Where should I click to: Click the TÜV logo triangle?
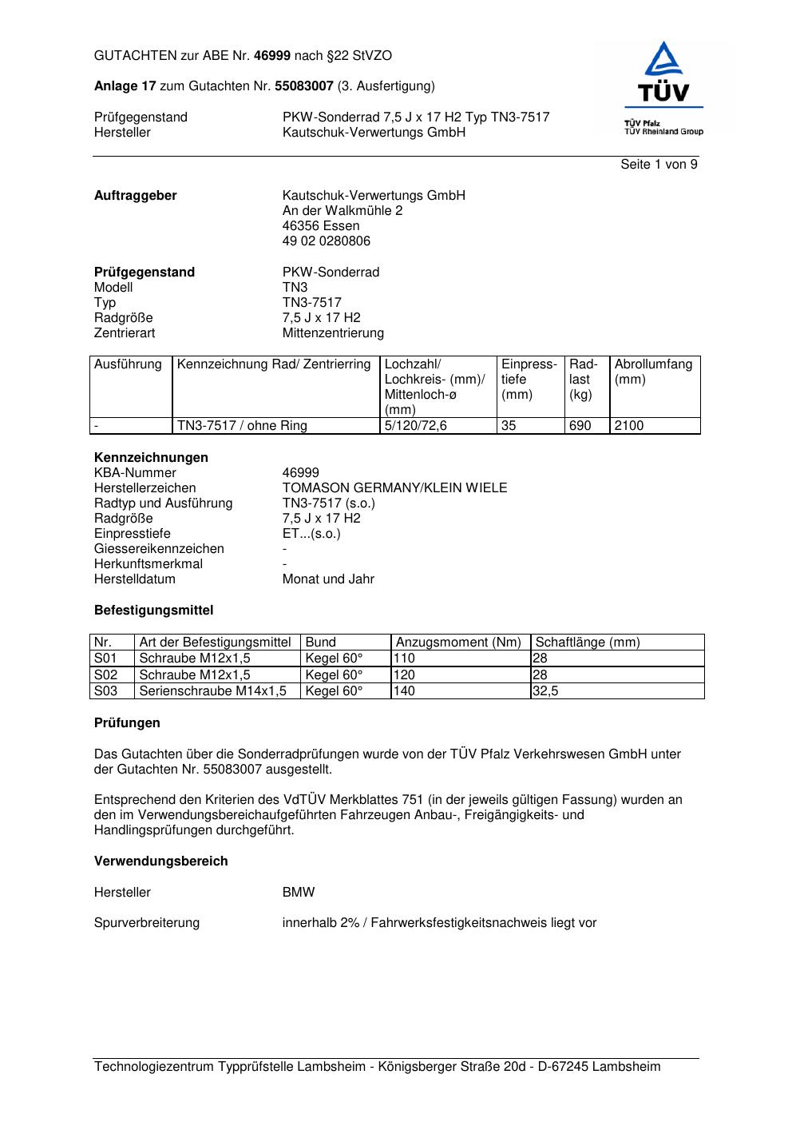coord(663,60)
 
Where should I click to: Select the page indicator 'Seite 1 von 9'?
coord(659,165)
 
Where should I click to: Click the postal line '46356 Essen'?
coord(321,226)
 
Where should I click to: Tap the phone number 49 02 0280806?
coord(327,241)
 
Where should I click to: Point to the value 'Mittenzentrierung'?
coord(333,333)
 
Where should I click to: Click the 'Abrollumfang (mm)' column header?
coord(653,372)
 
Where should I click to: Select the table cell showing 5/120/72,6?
coord(416,426)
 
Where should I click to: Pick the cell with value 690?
coord(580,426)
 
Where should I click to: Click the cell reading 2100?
coord(629,426)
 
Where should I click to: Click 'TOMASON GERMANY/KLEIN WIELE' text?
coord(394,488)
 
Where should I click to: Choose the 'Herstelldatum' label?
coord(135,579)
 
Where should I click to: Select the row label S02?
coord(106,675)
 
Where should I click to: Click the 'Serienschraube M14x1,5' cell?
coord(212,691)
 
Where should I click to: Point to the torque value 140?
coord(405,691)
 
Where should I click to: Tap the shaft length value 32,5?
coord(546,691)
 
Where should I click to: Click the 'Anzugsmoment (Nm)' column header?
coord(458,643)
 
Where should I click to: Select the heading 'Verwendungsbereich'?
coord(161,861)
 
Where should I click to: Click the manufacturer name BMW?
coord(299,893)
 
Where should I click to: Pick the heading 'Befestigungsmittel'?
coord(154,611)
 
